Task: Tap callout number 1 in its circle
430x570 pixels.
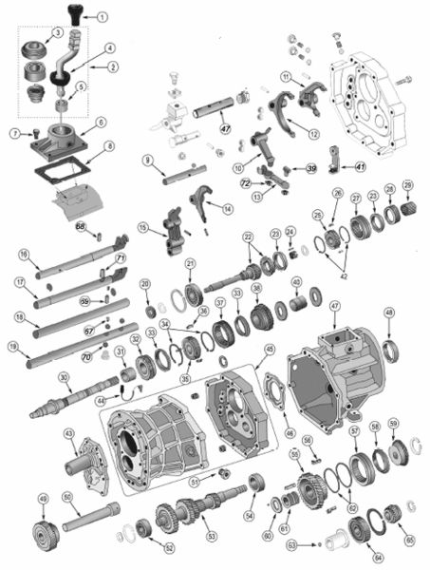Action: point(103,17)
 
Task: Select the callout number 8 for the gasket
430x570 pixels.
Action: point(110,146)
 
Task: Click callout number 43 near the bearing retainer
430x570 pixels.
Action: point(69,433)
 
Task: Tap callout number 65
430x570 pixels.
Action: point(410,539)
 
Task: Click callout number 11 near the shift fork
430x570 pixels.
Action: point(286,76)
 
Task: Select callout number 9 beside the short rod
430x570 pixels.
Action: point(148,160)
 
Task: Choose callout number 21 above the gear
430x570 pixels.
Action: point(191,263)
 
